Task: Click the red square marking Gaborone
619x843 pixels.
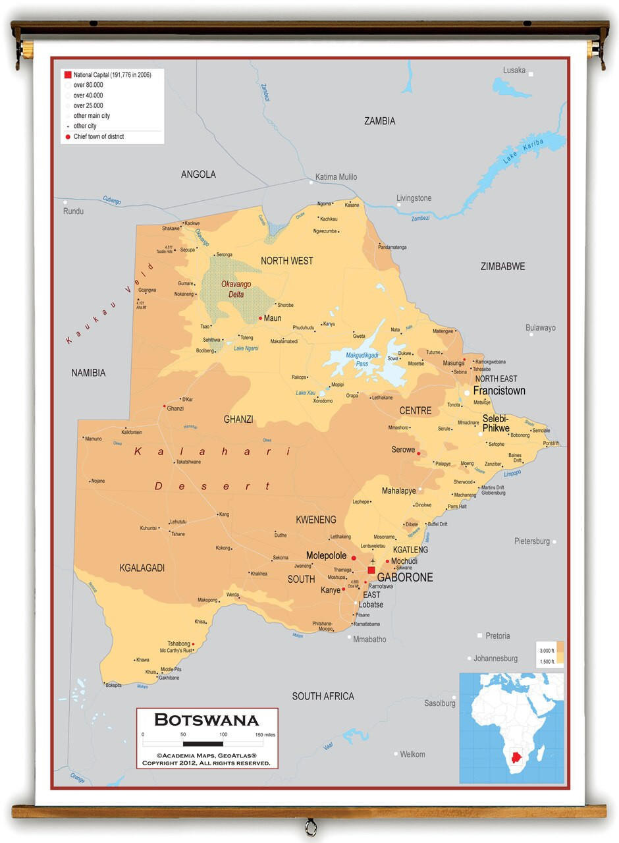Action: coord(371,570)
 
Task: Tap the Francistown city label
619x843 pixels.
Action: coord(499,391)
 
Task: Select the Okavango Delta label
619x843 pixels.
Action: coord(236,289)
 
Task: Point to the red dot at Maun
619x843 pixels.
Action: coord(261,318)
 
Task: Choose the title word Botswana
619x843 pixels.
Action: coord(207,719)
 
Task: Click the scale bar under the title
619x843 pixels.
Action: coord(203,744)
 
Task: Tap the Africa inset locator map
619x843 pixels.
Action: coord(512,728)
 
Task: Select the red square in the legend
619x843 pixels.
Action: coord(67,75)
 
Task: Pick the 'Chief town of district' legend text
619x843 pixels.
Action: coord(99,137)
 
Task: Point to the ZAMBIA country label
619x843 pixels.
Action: coord(380,121)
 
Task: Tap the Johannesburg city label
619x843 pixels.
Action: coord(495,658)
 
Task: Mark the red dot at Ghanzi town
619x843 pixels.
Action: coord(165,406)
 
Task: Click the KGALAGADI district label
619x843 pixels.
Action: coord(142,568)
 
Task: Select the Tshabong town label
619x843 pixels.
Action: coord(178,643)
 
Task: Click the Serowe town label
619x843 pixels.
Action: coord(403,450)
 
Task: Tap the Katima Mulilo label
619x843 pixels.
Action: coord(336,177)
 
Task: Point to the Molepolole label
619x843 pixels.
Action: coord(326,556)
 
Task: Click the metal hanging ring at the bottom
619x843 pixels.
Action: coord(310,826)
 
